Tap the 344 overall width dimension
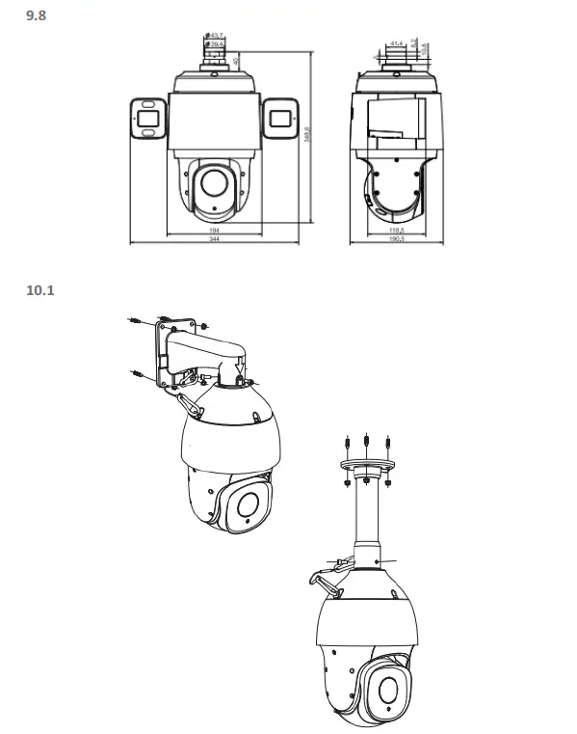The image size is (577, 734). [x=214, y=240]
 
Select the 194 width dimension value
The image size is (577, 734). [x=214, y=231]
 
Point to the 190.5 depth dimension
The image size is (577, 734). [x=395, y=240]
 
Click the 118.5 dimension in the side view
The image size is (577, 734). [x=395, y=231]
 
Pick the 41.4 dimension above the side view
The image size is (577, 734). [x=397, y=42]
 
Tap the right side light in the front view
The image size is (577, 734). [x=280, y=119]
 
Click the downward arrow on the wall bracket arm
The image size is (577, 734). [x=240, y=367]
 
